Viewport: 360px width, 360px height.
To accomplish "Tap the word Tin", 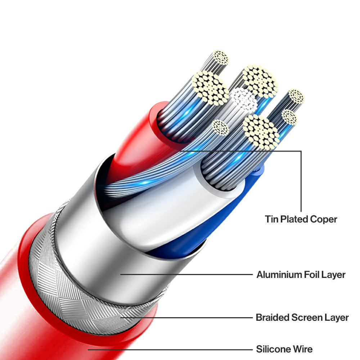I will coord(271,219).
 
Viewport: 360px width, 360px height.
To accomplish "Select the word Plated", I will coord(292,219).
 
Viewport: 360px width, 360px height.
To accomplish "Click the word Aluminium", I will coord(279,275).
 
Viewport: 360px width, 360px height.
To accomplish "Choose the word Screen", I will coord(305,318).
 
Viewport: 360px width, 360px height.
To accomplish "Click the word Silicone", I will coord(273,349).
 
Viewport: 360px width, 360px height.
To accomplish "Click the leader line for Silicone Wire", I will coord(169,349).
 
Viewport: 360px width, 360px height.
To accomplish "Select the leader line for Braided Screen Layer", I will coord(187,318).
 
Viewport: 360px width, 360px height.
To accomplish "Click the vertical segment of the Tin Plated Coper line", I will coord(301,180).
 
